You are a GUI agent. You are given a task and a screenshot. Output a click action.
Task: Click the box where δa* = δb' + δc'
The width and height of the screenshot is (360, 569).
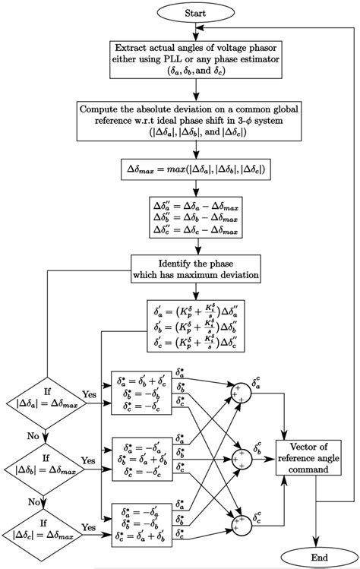tap(141, 394)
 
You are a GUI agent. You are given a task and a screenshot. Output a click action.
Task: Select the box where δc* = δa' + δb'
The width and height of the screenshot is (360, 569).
tap(141, 526)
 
